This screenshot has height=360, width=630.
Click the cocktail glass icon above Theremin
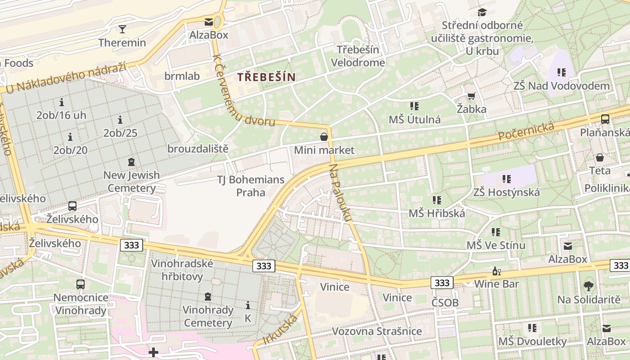click(122, 29)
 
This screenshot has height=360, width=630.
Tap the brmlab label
click(182, 76)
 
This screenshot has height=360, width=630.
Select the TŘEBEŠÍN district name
click(266, 77)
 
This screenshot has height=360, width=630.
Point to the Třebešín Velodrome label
click(358, 56)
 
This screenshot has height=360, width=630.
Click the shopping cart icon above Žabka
click(471, 96)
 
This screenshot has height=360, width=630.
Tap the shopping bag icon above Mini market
click(324, 137)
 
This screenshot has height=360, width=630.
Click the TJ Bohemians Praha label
click(251, 186)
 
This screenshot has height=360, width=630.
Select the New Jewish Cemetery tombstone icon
click(131, 162)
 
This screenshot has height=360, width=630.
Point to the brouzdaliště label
click(198, 148)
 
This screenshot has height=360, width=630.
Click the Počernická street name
click(526, 131)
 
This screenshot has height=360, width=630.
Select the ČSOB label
click(445, 302)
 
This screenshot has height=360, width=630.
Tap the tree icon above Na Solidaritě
click(588, 286)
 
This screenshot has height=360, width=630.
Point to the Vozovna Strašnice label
click(377, 331)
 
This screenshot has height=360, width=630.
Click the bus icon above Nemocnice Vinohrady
click(81, 284)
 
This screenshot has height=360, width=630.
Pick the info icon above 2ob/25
click(120, 120)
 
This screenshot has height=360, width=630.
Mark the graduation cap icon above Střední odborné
click(482, 13)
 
